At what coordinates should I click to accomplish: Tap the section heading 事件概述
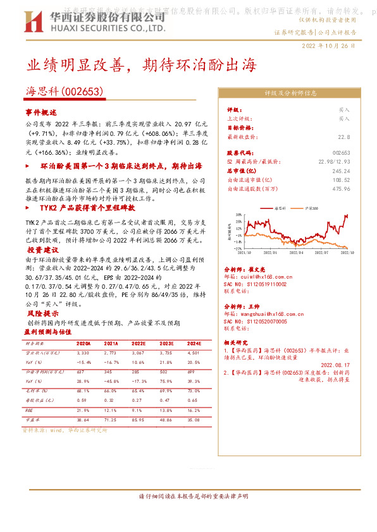(40, 112)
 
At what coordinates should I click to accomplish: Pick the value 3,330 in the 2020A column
(83, 352)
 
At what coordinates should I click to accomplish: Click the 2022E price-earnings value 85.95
(140, 419)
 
